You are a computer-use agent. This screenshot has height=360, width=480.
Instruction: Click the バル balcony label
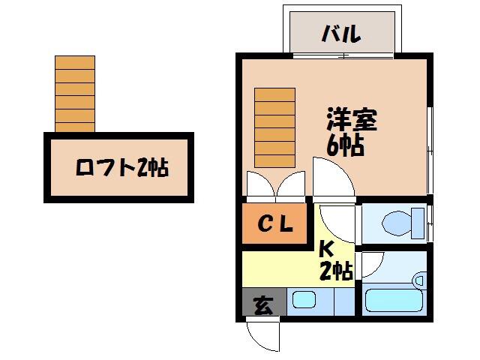(341, 34)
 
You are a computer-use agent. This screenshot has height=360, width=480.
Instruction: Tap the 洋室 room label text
(351, 120)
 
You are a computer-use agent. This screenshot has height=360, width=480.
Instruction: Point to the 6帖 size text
(345, 144)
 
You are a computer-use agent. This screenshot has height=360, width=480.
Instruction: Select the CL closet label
(275, 224)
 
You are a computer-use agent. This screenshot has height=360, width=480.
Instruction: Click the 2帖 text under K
(335, 271)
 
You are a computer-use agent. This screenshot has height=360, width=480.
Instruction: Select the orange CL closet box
(274, 224)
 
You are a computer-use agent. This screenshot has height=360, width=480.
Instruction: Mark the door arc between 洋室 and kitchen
(331, 180)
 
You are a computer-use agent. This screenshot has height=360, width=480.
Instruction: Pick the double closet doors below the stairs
(275, 186)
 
